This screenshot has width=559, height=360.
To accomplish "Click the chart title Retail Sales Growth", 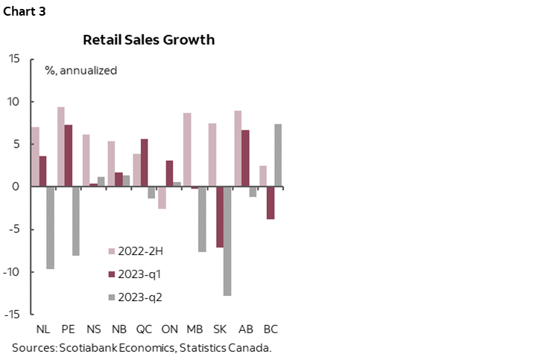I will (x=148, y=40).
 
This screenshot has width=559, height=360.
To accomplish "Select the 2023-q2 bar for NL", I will (x=50, y=227).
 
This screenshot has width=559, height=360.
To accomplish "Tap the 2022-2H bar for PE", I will (x=60, y=147).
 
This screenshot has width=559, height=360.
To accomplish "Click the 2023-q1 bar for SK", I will (x=220, y=217).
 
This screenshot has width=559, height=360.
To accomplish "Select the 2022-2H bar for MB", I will (x=187, y=150).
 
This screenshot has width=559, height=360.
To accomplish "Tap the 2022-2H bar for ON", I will (x=162, y=198).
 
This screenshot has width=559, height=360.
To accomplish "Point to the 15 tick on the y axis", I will (x=15, y=59).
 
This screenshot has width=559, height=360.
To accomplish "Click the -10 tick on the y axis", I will (x=12, y=271).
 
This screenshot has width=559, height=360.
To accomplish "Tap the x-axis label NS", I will (x=93, y=328).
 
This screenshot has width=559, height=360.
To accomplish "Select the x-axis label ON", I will (x=169, y=328).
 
